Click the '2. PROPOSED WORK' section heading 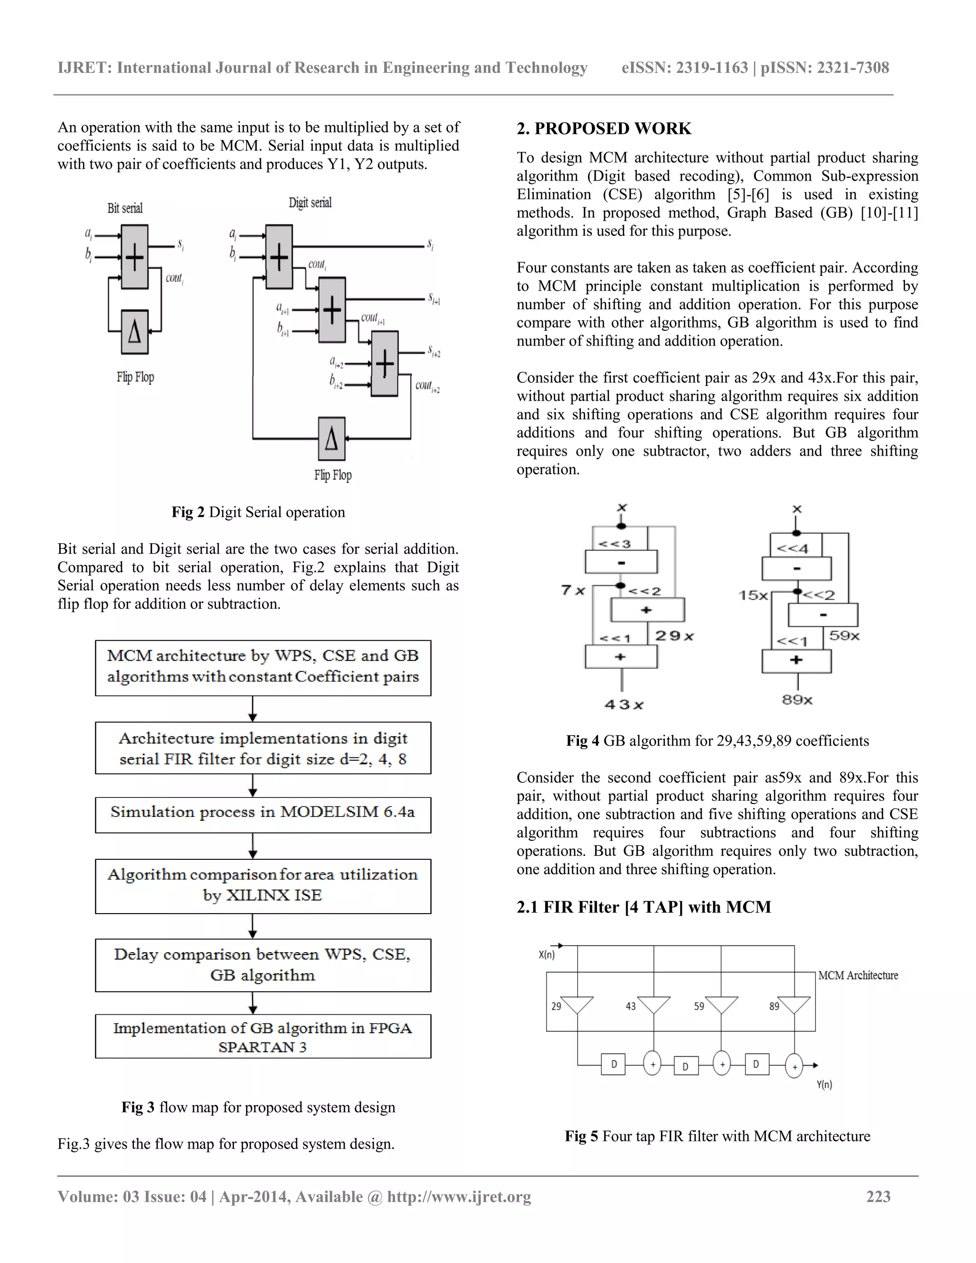[604, 128]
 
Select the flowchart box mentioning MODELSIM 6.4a [263, 815]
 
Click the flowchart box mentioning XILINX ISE [263, 886]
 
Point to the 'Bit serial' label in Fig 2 [125, 208]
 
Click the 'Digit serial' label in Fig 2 [310, 203]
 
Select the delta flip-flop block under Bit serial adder [134, 332]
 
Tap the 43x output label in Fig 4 [624, 705]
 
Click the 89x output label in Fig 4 [797, 700]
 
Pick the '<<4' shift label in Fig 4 [792, 548]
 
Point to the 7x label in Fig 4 [572, 591]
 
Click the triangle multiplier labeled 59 [721, 1005]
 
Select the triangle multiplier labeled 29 [577, 1005]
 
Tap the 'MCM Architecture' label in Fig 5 [858, 976]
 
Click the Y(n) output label [824, 1085]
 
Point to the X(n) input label [547, 955]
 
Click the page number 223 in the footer [878, 1196]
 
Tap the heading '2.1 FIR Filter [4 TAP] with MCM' [643, 907]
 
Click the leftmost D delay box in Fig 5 [613, 1064]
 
